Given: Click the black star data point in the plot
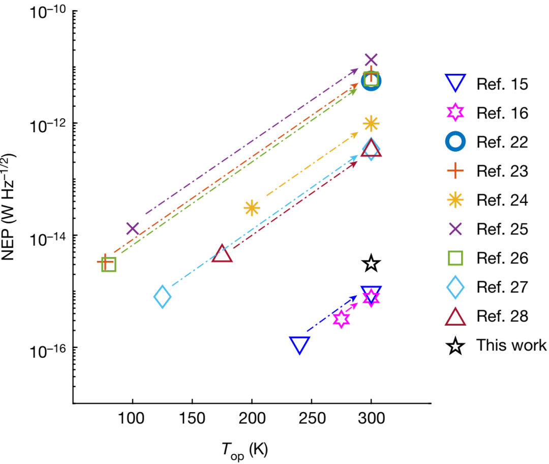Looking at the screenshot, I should [371, 264].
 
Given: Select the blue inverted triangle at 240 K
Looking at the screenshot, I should [299, 344].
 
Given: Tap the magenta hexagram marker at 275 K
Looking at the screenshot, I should [342, 319].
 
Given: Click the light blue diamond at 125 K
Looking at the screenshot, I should [162, 297].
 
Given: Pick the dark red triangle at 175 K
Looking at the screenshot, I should [222, 253].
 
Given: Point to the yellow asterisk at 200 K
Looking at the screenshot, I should [252, 208].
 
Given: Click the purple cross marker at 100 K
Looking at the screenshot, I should [133, 229].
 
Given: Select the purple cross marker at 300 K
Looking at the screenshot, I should [371, 60].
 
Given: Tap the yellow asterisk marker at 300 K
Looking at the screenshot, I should [371, 123].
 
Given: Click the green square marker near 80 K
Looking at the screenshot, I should [109, 264].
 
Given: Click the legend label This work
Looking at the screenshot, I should [511, 345].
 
